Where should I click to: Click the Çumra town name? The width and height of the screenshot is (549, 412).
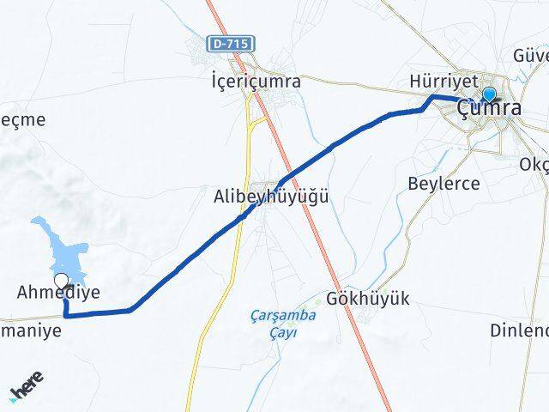pos(489,110)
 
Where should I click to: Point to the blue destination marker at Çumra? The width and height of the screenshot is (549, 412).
pos(489,94)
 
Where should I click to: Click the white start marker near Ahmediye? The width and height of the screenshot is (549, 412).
pos(61,280)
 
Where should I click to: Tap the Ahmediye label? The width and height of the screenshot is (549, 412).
pos(58,293)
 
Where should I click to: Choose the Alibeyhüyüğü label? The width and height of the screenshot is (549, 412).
pos(271,197)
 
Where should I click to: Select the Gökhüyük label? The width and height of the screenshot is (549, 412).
pos(369,299)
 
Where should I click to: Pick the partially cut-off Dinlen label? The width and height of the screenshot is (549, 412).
pos(519,330)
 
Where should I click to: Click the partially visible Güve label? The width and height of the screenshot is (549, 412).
pos(530,56)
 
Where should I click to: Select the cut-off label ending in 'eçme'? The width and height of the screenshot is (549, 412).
pos(22,120)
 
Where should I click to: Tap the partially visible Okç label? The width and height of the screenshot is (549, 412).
pos(534,165)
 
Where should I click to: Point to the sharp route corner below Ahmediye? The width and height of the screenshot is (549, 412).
pos(65,316)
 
